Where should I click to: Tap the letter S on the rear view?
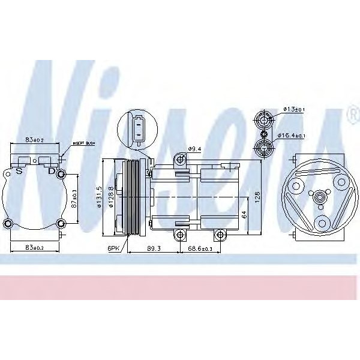(x=19, y=172)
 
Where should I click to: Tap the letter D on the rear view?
(x=52, y=172)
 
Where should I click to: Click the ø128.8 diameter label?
(x=112, y=198)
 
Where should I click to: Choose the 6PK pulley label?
(x=114, y=248)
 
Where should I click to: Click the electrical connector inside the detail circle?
(x=139, y=129)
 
